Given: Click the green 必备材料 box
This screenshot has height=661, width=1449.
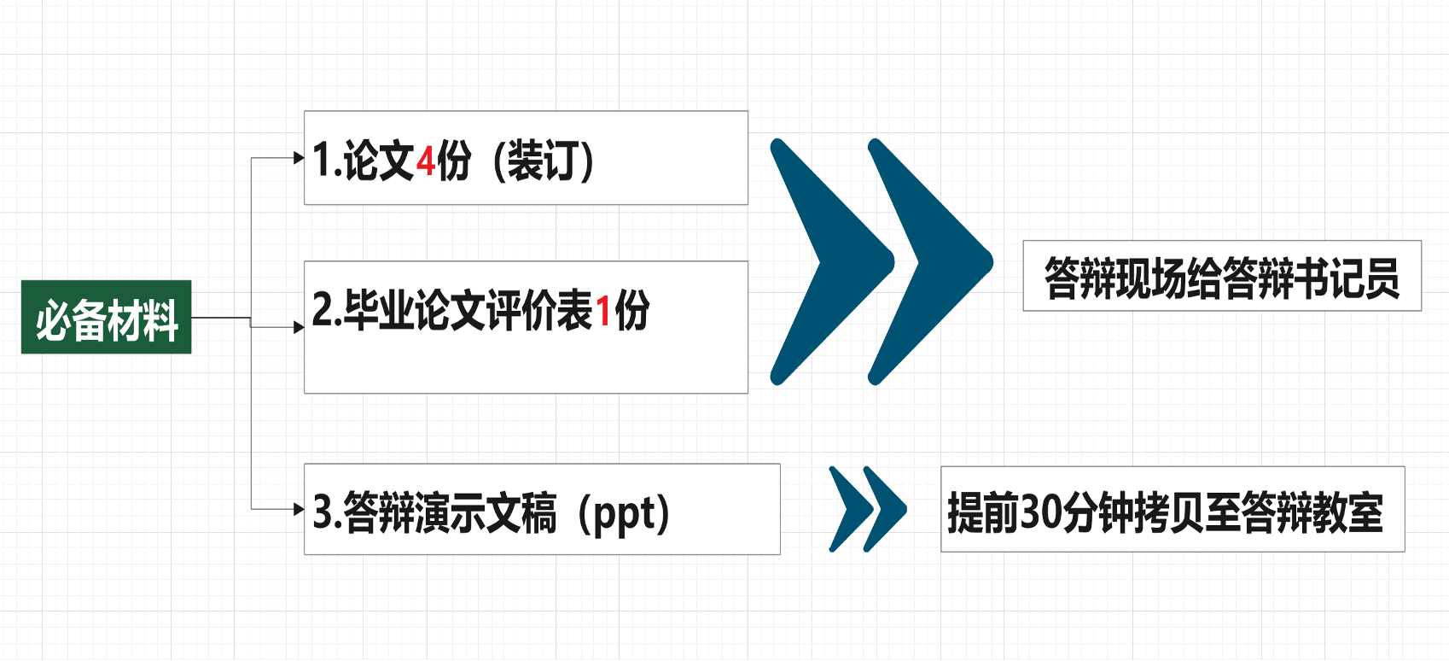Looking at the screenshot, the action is [x=106, y=317].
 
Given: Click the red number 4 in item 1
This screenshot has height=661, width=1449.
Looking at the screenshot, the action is [x=425, y=161].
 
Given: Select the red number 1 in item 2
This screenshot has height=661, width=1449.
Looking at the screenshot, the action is [x=603, y=311].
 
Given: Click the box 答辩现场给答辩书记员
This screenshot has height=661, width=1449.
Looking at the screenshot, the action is [x=1221, y=276].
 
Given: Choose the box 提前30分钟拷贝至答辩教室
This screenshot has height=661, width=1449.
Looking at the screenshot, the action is [x=1172, y=510].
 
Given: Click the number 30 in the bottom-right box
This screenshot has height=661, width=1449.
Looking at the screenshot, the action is [x=1039, y=512].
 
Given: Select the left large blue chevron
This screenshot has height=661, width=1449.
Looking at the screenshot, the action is [x=823, y=260].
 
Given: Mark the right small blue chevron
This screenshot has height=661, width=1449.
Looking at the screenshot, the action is [x=884, y=509].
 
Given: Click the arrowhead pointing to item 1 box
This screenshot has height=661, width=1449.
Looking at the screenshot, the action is [x=299, y=158].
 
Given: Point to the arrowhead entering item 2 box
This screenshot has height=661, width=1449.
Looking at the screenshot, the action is [x=299, y=327].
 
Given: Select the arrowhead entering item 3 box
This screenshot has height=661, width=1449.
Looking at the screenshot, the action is [x=299, y=509].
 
